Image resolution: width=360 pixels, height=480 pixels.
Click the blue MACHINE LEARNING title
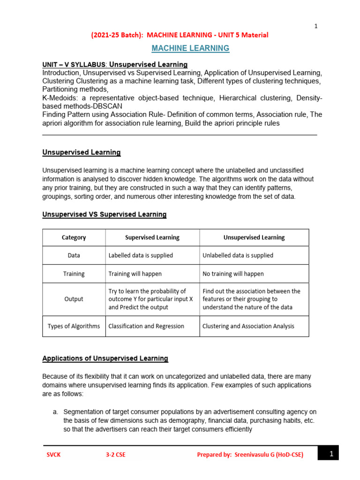point(190,48)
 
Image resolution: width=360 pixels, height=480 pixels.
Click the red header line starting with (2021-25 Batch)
point(179,35)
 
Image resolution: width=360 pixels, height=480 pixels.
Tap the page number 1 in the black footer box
point(330,454)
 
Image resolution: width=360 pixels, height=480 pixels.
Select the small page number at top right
point(316,26)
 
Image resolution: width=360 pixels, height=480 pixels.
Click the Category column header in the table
point(74,238)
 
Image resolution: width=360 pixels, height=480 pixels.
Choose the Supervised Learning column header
point(152,238)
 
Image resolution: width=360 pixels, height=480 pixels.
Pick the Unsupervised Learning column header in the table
point(254,238)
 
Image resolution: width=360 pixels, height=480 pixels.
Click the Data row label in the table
point(74,255)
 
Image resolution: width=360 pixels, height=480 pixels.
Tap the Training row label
point(74,274)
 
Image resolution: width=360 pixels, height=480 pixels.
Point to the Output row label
point(74,299)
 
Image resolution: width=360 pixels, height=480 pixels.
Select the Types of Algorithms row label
point(74,326)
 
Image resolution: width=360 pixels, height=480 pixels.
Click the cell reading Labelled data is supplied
point(141,255)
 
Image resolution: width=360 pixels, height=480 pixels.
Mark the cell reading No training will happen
point(233,274)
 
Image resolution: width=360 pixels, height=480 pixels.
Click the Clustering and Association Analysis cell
point(248,326)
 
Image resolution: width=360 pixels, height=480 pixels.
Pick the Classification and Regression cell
point(146,326)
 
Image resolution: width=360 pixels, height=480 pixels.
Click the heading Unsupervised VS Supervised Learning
point(104,215)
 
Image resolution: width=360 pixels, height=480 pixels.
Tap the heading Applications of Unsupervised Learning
point(105,359)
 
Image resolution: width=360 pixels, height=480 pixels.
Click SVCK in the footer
point(53,454)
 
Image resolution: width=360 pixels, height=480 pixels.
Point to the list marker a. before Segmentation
point(55,412)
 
